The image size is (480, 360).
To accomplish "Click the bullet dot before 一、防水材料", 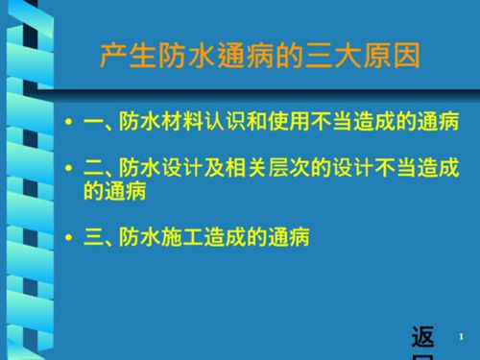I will click(67, 124).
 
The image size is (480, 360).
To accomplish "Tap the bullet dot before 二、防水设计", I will click(67, 170).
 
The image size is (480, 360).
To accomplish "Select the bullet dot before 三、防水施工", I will click(67, 234).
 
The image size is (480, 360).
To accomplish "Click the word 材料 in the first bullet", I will click(184, 124).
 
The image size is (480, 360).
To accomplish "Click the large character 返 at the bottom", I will click(421, 337).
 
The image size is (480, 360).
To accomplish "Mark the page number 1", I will click(462, 335).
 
